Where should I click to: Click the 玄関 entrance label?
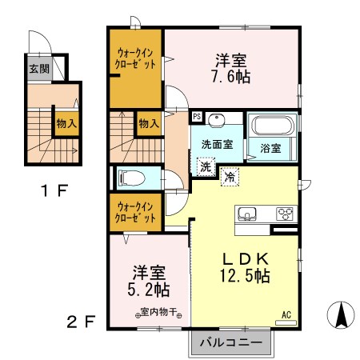click(39, 69)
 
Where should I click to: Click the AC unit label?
click(286, 314)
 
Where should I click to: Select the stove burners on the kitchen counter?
click(286, 214)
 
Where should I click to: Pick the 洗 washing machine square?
click(206, 167)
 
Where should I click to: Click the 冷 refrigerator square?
click(230, 177)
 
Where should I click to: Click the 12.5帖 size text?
click(245, 277)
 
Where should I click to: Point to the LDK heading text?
click(245, 258)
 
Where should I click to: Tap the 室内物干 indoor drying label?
click(150, 311)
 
